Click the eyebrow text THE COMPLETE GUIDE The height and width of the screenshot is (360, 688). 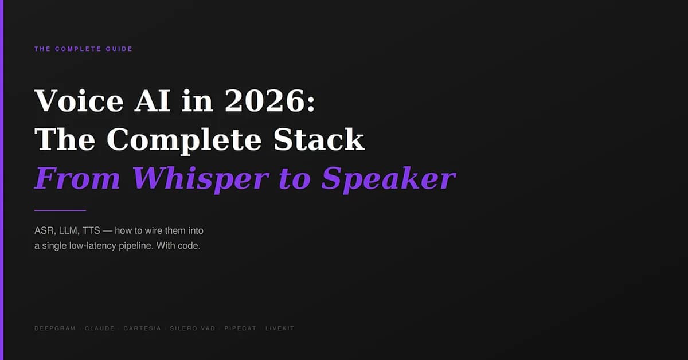[x=83, y=49]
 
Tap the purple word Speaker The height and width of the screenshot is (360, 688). [x=388, y=178]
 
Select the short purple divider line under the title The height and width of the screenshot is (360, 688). [x=60, y=210]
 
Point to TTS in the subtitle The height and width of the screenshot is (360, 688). [x=92, y=231]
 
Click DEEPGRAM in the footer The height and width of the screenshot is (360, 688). [x=55, y=328]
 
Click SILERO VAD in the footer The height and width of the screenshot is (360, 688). [x=192, y=328]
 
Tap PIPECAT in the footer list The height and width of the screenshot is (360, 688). [x=241, y=328]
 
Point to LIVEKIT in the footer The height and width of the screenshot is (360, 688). [x=280, y=328]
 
